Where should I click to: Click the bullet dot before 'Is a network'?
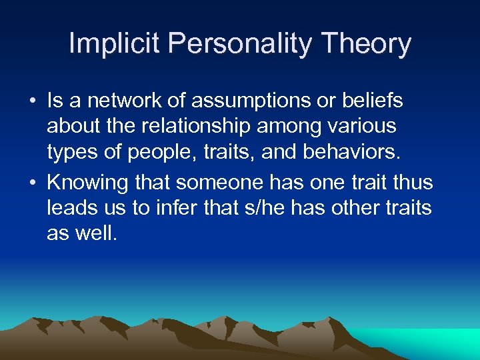pos(31,101)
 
